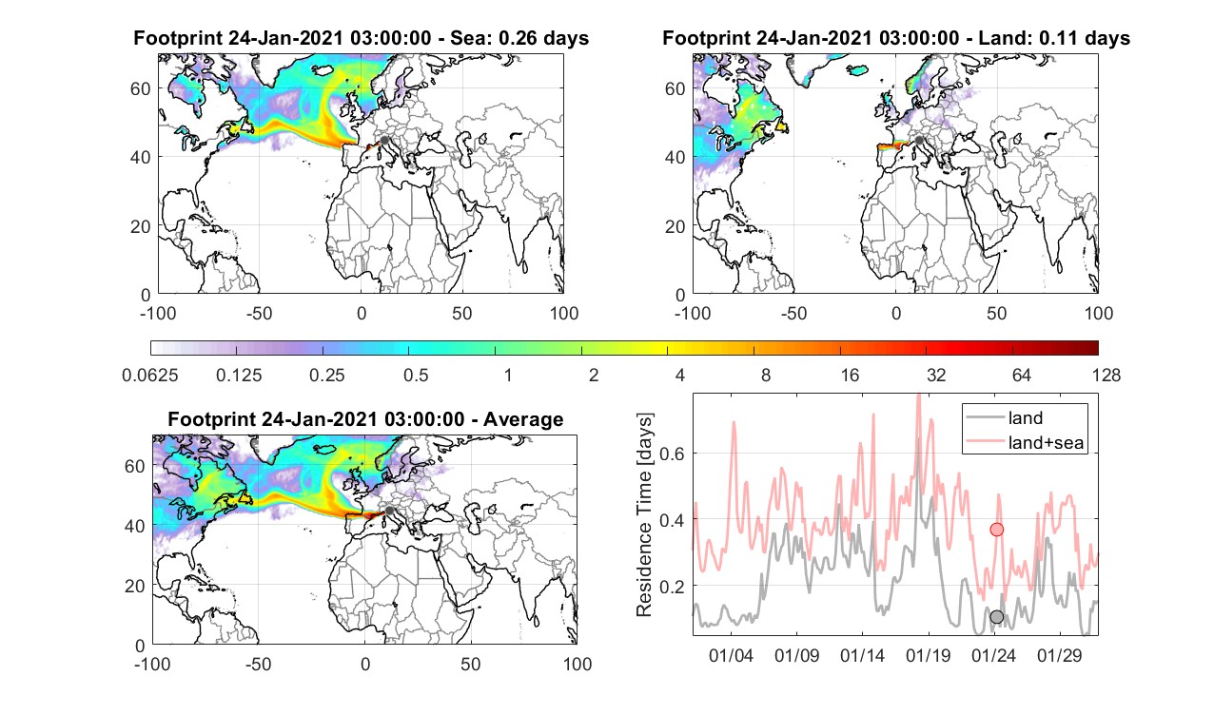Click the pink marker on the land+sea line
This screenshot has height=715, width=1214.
[997, 530]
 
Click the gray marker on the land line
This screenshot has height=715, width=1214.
[997, 616]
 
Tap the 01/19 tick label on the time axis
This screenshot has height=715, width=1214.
[928, 655]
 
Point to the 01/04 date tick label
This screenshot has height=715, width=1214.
[731, 655]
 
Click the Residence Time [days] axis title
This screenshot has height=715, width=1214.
[644, 515]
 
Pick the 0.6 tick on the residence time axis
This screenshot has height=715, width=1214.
[673, 453]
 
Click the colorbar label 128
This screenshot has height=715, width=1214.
[1106, 375]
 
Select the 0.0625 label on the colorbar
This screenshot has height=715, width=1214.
[150, 375]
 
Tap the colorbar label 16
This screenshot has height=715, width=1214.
[850, 375]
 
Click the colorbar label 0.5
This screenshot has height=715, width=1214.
[416, 375]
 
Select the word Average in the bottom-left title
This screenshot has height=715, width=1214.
[523, 419]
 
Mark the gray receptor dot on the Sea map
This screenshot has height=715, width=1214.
[384, 141]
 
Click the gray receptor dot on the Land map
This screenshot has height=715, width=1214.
[919, 141]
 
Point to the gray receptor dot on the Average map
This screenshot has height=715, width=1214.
[388, 511]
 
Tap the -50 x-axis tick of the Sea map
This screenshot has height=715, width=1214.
[259, 314]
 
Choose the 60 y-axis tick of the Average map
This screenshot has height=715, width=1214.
[134, 466]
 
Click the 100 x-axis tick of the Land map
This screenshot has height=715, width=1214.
[1099, 314]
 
